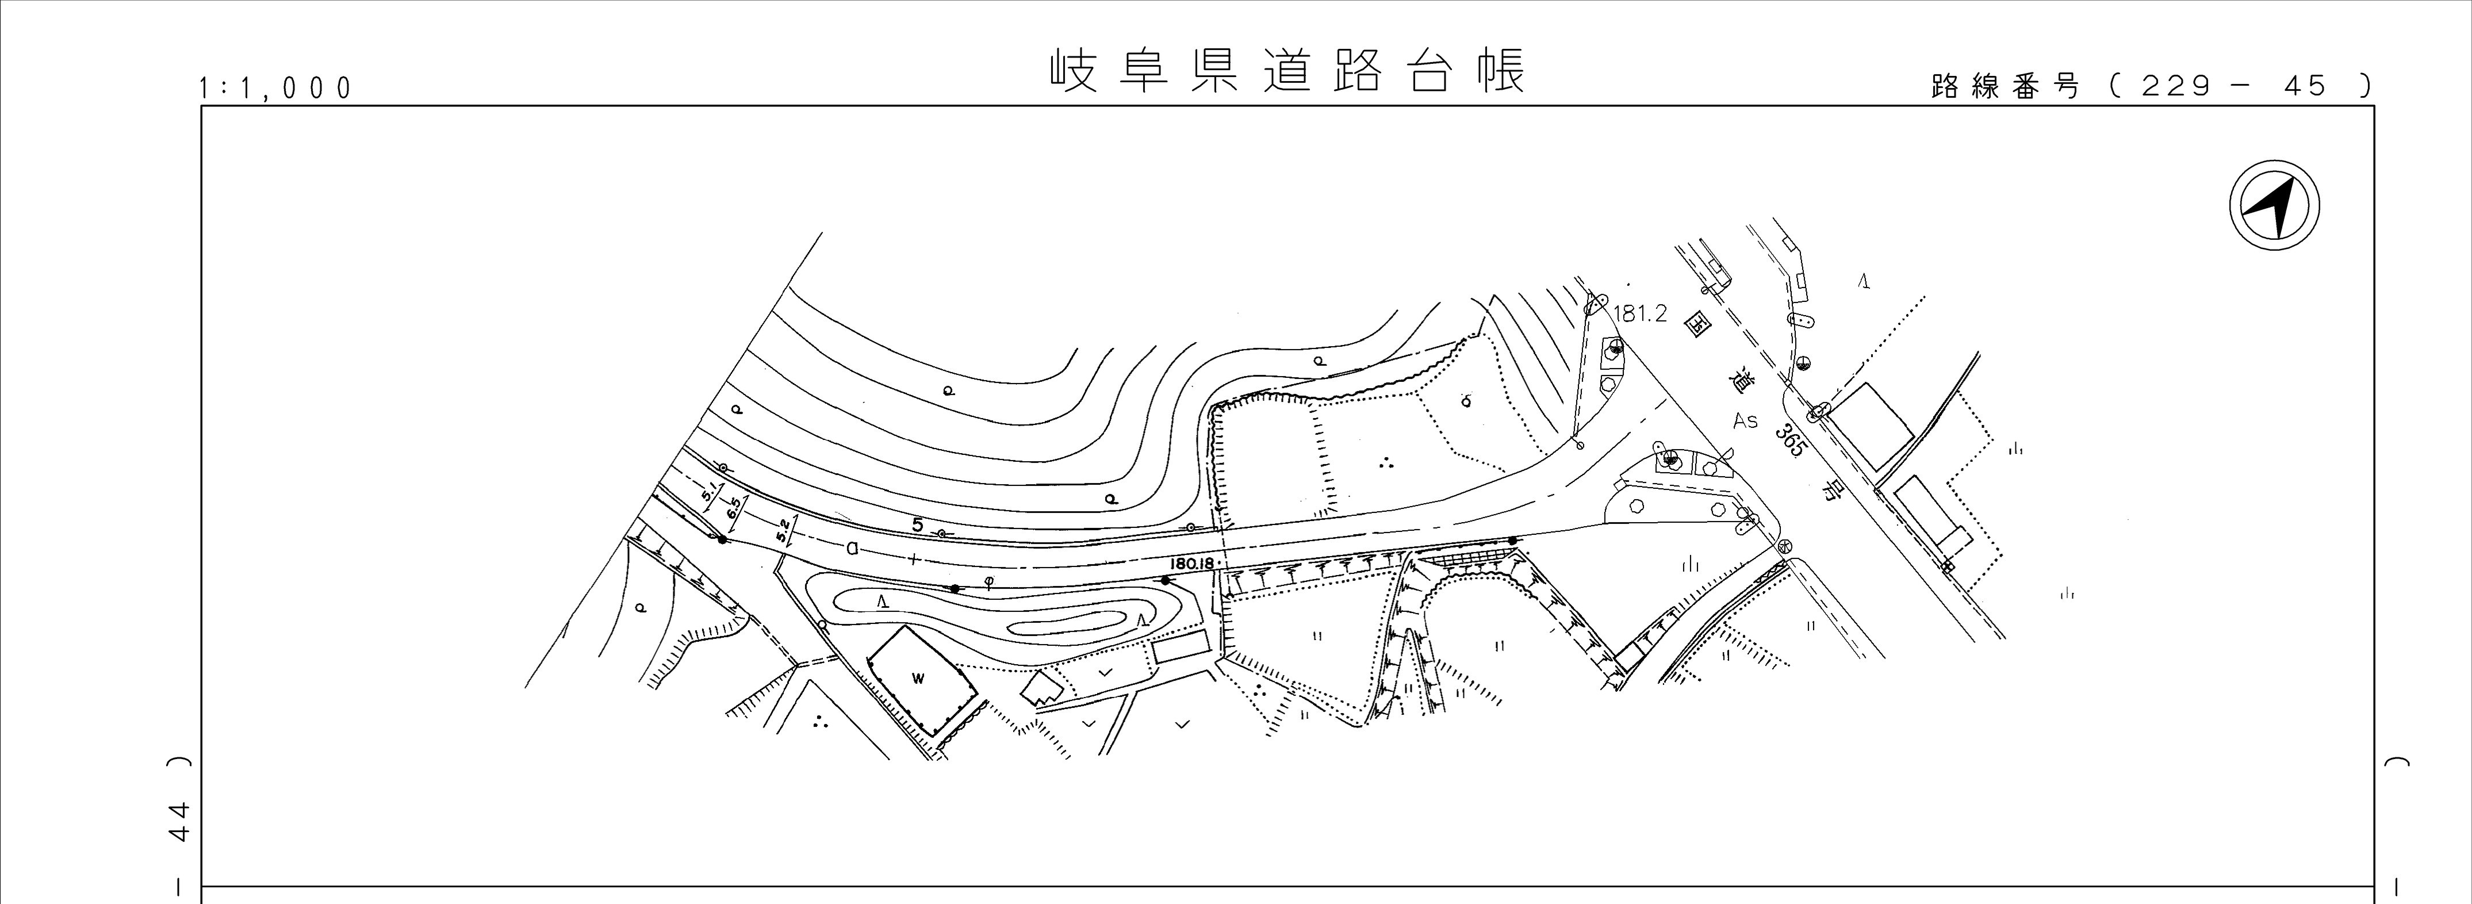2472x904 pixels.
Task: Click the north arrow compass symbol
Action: point(2274,207)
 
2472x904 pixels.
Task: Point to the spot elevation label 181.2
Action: point(1641,314)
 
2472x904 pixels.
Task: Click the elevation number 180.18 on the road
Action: point(1192,564)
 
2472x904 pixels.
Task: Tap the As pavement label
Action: point(1745,420)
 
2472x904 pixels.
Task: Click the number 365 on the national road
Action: point(1789,439)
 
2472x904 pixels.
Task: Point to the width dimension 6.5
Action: point(735,508)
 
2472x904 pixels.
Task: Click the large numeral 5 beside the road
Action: point(918,526)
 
